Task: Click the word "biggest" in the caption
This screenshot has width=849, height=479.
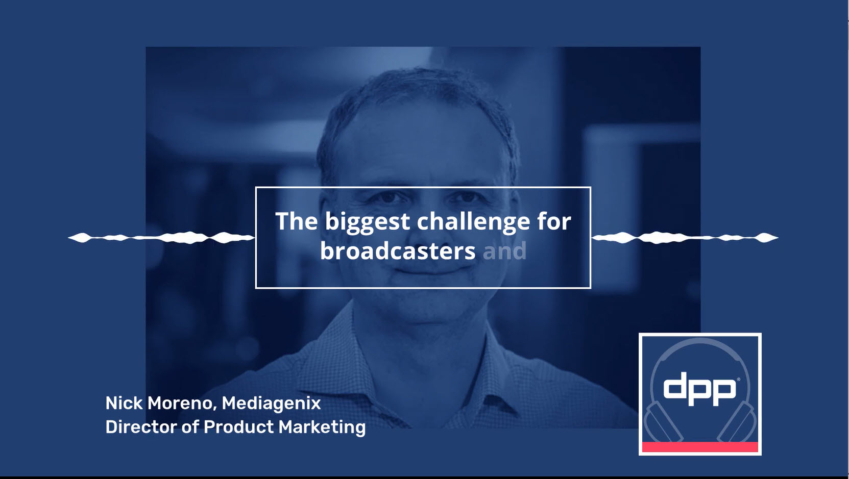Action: tap(367, 222)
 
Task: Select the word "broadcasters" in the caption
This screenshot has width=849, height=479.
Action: tap(398, 251)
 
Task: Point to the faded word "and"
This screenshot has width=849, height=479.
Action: tap(504, 251)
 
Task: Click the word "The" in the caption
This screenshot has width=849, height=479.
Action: tap(296, 221)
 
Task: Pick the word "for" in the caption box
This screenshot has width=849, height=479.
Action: tap(554, 221)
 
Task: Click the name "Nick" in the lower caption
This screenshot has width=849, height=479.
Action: tap(124, 403)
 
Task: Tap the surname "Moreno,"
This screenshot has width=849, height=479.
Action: tap(182, 403)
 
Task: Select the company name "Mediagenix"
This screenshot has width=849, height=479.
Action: tap(271, 404)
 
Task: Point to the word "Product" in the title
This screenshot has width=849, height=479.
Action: tap(238, 427)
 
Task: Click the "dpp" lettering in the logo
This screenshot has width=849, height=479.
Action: tap(699, 389)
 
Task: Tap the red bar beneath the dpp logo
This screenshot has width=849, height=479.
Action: tap(700, 447)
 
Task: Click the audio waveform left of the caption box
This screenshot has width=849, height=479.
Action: tap(161, 237)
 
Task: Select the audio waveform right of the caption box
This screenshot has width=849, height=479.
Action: tap(684, 237)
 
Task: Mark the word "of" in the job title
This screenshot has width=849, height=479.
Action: tap(189, 427)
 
